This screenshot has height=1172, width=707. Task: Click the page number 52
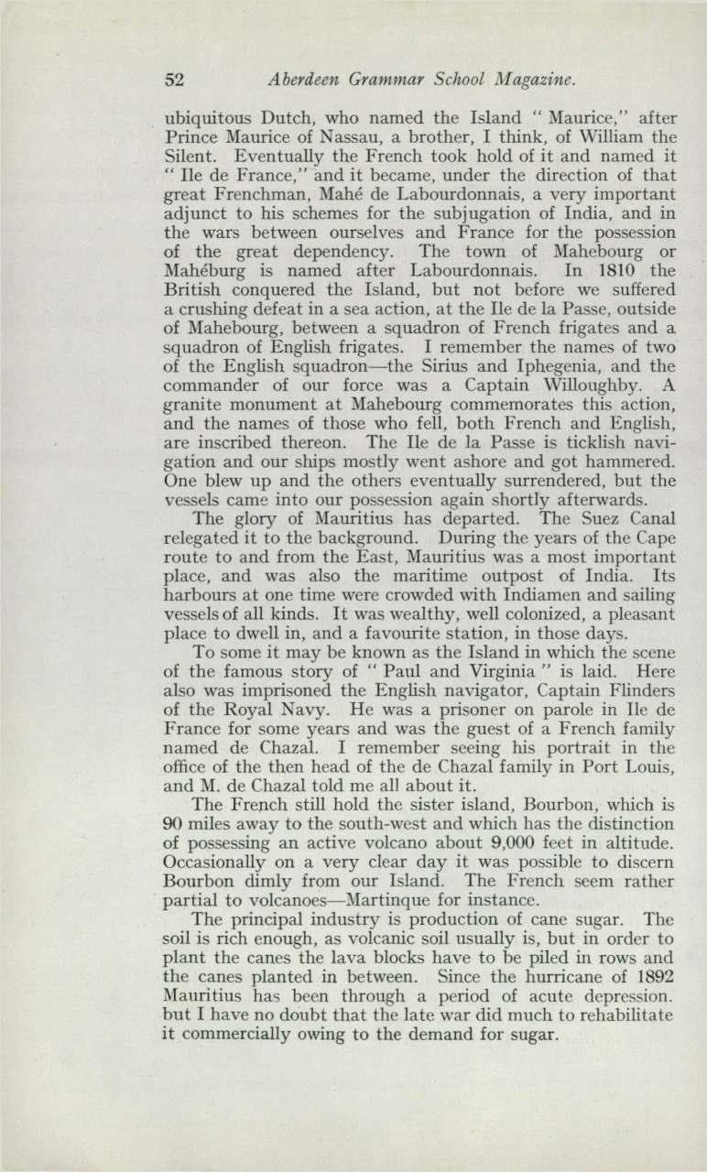[x=174, y=80]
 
